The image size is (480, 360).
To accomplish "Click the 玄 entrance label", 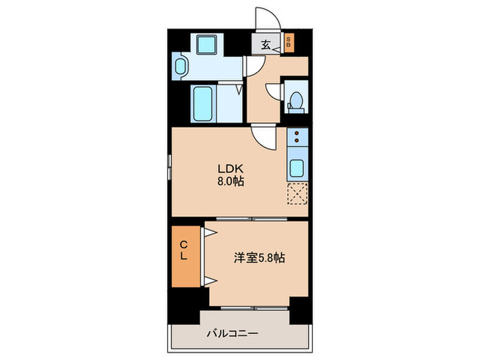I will [265, 46].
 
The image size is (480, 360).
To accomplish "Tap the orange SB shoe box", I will [289, 44].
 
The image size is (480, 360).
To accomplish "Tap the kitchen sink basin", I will [298, 167].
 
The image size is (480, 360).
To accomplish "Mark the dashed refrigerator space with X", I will [298, 194].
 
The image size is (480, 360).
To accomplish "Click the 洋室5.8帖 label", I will [259, 258].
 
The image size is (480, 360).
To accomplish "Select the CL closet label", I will [184, 250].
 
